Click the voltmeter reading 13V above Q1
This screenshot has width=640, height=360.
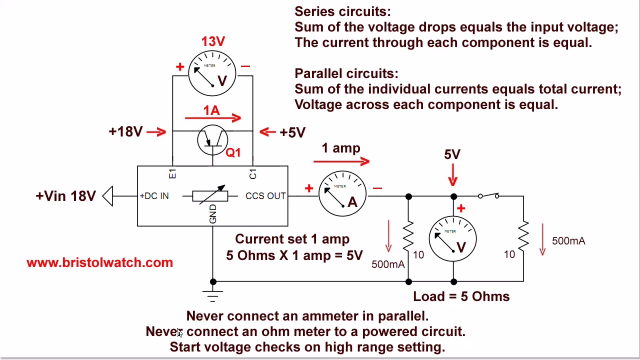tap(212, 73)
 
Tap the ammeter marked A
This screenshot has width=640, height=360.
tap(342, 194)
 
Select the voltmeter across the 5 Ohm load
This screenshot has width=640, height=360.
tap(453, 239)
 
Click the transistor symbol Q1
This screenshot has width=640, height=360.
tap(212, 140)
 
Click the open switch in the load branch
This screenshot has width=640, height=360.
tap(488, 195)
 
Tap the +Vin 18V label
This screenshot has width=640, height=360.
tap(65, 196)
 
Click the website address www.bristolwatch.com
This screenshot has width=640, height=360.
tap(99, 262)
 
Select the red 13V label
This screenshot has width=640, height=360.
tap(213, 41)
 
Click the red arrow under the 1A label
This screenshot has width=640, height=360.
tap(213, 118)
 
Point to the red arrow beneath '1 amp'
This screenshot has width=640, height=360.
tap(341, 161)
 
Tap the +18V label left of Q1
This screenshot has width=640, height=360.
tap(125, 131)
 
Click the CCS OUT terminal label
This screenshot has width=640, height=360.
tap(265, 196)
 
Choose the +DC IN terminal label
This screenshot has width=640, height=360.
tap(154, 196)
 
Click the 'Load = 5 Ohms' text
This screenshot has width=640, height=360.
tap(461, 296)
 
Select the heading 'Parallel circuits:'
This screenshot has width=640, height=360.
tap(346, 73)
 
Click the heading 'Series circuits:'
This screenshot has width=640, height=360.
tap(342, 11)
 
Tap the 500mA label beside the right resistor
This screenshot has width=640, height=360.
tap(568, 241)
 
